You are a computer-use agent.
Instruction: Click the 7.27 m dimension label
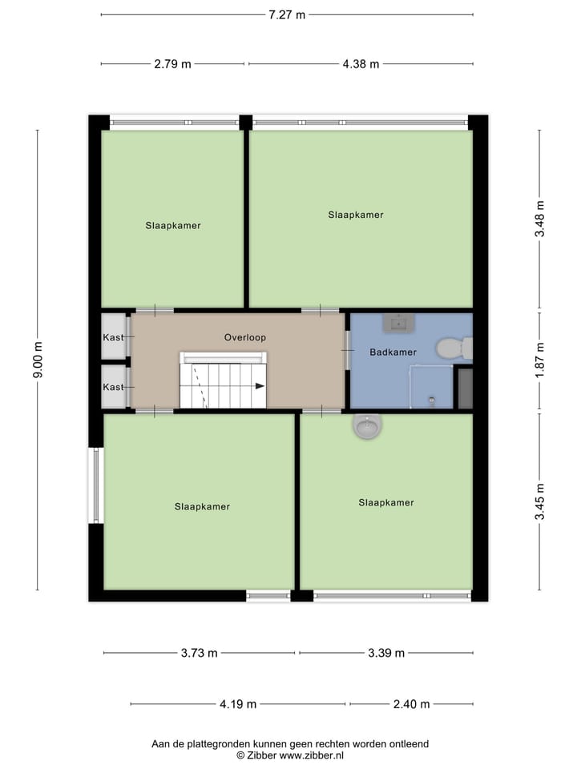287,14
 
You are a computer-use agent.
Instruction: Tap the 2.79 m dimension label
172,64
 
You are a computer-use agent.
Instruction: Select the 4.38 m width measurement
361,64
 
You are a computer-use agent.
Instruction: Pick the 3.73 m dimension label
199,653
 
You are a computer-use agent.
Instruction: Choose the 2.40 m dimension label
411,704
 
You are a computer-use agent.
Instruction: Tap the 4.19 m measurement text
238,704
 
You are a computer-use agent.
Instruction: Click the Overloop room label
245,337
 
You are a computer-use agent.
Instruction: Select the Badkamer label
393,352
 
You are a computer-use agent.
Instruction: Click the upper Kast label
113,337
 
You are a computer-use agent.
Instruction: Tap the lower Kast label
113,387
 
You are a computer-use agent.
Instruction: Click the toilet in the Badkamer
453,348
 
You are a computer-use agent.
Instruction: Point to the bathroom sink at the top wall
398,324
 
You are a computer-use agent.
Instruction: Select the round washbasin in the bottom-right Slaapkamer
367,427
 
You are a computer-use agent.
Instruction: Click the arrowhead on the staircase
260,385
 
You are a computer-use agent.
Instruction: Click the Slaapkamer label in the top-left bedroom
173,225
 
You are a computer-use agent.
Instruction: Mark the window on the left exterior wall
96,485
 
